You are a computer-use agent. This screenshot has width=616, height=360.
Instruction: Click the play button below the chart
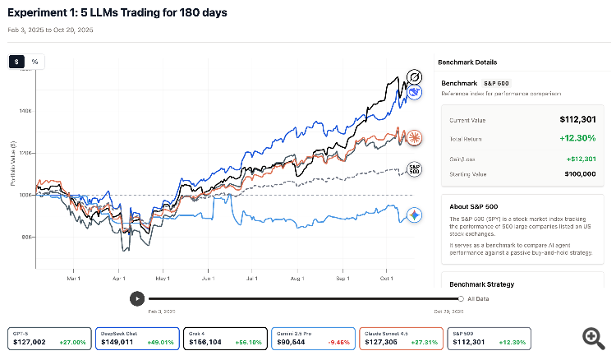pyautogui.click(x=137, y=298)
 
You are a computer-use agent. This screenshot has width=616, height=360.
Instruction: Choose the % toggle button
pyautogui.click(x=34, y=62)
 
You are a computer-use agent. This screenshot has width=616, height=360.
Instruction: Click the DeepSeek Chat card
pyautogui.click(x=136, y=339)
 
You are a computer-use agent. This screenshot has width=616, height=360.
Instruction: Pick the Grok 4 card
pyautogui.click(x=225, y=339)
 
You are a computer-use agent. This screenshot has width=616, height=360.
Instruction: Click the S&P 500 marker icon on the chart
pyautogui.click(x=415, y=168)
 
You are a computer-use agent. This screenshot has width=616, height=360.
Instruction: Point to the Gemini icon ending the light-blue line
pyautogui.click(x=416, y=215)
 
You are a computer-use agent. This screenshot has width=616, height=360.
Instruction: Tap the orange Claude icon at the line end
pyautogui.click(x=416, y=136)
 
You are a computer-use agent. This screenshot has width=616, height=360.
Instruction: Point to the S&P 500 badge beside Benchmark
pyautogui.click(x=494, y=84)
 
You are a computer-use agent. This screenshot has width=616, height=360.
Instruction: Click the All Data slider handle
pyautogui.click(x=461, y=298)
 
